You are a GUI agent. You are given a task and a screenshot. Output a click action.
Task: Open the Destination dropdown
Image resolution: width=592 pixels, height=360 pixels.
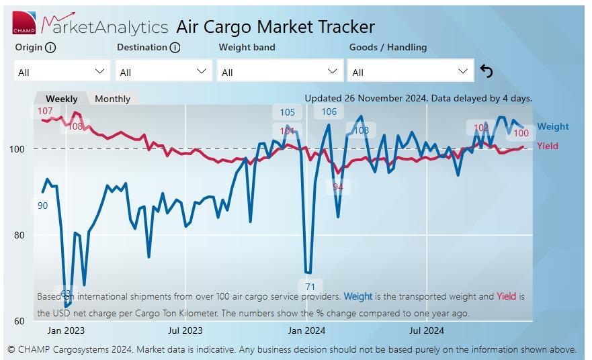click(163, 71)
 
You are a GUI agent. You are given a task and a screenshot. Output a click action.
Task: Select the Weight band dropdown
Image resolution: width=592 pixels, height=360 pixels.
click(280, 71)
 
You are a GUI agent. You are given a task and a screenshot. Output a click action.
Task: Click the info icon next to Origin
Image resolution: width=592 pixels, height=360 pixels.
click(51, 48)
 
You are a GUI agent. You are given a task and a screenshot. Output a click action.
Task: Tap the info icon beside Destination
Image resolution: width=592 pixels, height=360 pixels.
click(175, 48)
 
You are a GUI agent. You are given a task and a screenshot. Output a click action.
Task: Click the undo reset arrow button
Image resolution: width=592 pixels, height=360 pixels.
click(487, 71)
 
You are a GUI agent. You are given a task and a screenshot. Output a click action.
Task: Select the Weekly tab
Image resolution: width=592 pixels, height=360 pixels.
click(61, 99)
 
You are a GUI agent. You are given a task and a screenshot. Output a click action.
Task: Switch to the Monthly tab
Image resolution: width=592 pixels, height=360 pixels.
click(112, 99)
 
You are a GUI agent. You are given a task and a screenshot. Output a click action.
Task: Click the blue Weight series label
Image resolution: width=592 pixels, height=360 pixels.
click(552, 126)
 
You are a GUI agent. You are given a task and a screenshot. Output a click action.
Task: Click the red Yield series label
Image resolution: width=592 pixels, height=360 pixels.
click(547, 146)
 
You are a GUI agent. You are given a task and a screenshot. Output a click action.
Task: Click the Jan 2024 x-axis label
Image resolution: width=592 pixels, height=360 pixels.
click(306, 330)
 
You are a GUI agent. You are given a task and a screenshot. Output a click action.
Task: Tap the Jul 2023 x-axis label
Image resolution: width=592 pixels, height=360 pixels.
click(185, 330)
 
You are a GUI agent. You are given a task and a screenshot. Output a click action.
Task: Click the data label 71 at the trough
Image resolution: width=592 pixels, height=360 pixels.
click(310, 287)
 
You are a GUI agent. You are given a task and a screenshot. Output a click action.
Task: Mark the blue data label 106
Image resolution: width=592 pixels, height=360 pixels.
click(329, 111)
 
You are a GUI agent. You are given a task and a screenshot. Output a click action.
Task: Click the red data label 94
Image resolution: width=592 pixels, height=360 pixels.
click(338, 187)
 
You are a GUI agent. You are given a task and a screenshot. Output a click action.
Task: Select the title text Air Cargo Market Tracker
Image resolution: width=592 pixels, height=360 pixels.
click(276, 27)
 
